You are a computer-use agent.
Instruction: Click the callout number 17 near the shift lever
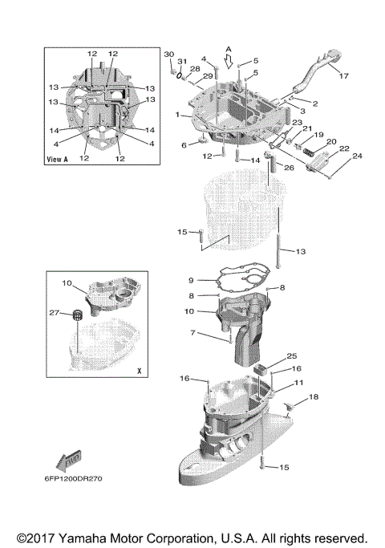(x=343, y=77)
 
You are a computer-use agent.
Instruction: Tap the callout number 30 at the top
(x=168, y=53)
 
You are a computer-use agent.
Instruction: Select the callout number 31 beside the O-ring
(x=182, y=62)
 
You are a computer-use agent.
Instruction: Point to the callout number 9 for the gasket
(x=192, y=280)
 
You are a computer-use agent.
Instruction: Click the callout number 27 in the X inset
(x=54, y=312)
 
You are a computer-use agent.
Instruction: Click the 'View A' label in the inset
(x=56, y=159)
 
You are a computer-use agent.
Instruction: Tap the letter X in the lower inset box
(x=139, y=371)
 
